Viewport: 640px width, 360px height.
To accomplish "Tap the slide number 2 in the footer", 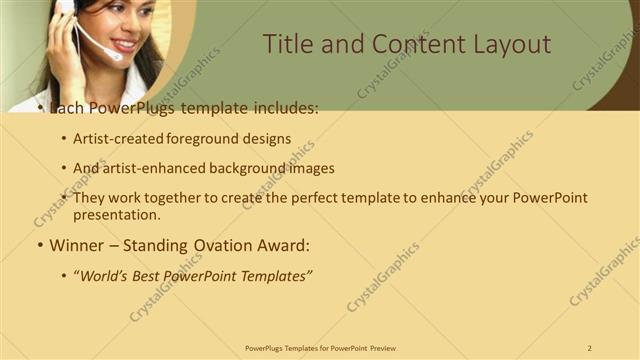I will pos(590,347).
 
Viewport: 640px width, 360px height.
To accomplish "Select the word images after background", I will pos(307,168).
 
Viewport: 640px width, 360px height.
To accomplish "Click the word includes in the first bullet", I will pos(282,107).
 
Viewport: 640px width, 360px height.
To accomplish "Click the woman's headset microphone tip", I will pos(118,57).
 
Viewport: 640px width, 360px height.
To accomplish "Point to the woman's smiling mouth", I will pos(124,44).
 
